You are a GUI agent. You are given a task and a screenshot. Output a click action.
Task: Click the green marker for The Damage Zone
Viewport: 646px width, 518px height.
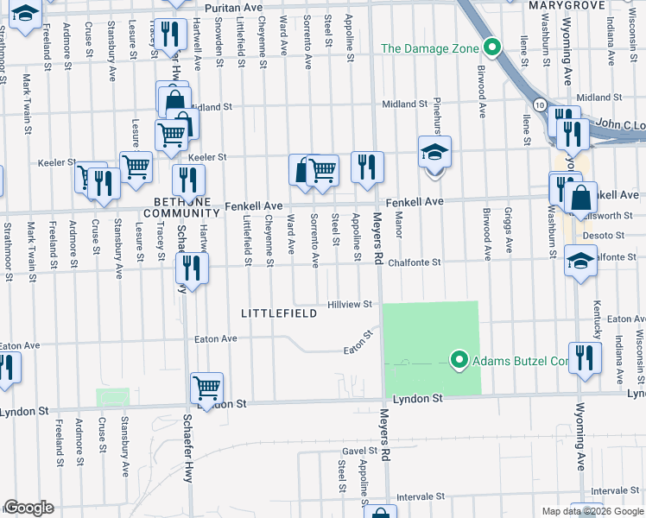point(492,47)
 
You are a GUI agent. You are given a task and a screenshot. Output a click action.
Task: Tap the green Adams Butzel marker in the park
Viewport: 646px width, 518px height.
point(459,359)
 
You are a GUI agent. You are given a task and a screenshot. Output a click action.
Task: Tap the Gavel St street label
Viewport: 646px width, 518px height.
point(354,451)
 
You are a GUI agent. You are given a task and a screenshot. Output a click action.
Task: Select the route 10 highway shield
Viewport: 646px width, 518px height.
point(540,104)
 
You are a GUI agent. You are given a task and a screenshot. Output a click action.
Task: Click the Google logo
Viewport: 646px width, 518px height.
point(28,508)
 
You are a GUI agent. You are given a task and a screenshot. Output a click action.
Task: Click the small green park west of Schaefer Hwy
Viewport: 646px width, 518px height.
point(112,397)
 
